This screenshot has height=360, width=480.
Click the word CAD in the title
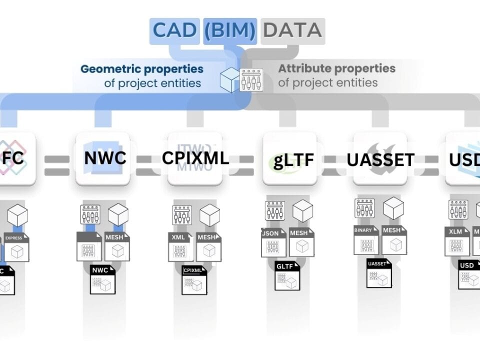pyautogui.click(x=175, y=30)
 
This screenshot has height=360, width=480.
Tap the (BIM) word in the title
pyautogui.click(x=230, y=30)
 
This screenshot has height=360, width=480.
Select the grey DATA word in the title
pyautogui.click(x=292, y=30)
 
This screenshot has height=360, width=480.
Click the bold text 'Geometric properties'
pyautogui.click(x=142, y=68)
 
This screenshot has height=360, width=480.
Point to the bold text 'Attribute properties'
pyautogui.click(x=336, y=68)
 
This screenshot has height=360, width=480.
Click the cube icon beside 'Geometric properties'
pyautogui.click(x=230, y=80)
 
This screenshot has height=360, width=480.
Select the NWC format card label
pyautogui.click(x=105, y=158)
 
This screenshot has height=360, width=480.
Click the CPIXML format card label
pyautogui.click(x=195, y=158)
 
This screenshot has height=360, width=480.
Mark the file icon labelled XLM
pyautogui.click(x=456, y=241)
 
